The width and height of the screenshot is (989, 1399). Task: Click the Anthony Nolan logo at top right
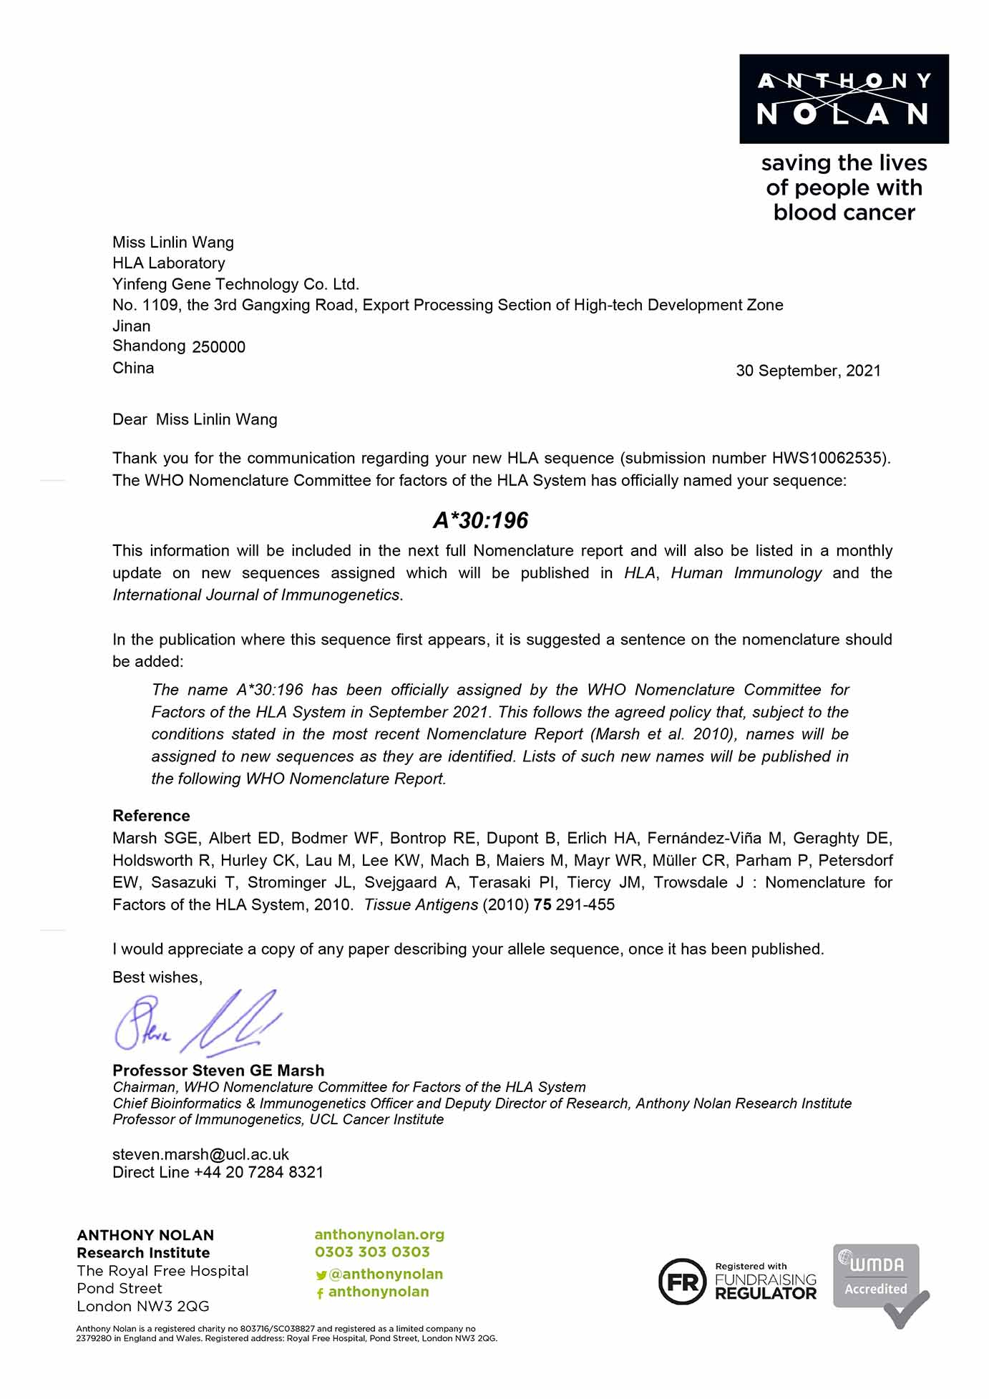pyautogui.click(x=844, y=99)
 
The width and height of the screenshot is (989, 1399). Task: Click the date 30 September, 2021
pyautogui.click(x=808, y=371)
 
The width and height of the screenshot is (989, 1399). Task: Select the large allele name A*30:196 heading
pyautogui.click(x=480, y=520)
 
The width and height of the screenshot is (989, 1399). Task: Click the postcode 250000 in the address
pyautogui.click(x=218, y=347)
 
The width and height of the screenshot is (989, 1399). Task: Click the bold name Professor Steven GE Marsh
pyautogui.click(x=218, y=1071)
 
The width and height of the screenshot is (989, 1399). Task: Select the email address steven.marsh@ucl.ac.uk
pyautogui.click(x=200, y=1154)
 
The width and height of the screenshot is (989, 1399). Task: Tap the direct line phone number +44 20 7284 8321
pyautogui.click(x=258, y=1172)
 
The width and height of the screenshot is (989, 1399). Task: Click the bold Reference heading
pyautogui.click(x=151, y=816)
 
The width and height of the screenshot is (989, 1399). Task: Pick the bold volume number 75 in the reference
pyautogui.click(x=542, y=905)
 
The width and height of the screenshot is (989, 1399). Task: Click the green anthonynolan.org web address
pyautogui.click(x=379, y=1234)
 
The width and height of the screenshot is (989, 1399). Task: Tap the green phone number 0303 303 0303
pyautogui.click(x=372, y=1252)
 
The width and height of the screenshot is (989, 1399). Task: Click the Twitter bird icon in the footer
pyautogui.click(x=321, y=1275)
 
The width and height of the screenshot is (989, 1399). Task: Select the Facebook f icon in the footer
pyautogui.click(x=320, y=1293)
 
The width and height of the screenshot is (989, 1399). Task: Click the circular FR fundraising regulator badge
pyautogui.click(x=682, y=1282)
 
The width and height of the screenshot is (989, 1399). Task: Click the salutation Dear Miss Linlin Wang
pyautogui.click(x=195, y=419)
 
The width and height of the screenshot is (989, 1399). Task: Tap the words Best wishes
pyautogui.click(x=157, y=978)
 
